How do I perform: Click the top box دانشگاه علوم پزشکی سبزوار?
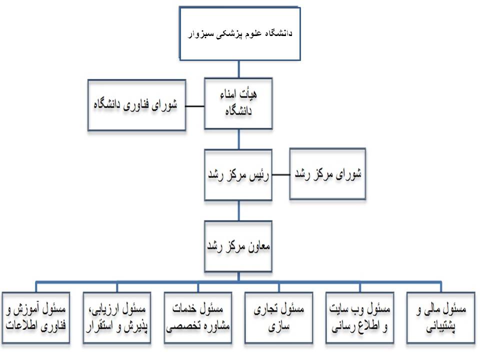[x=239, y=33]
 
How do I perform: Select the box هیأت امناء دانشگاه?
[x=238, y=103]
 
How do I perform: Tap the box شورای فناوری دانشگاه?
[x=137, y=105]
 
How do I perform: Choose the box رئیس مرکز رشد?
[x=238, y=175]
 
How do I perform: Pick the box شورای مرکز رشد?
[x=327, y=174]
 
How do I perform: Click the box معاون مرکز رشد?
[x=238, y=246]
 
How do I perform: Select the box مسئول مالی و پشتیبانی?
[x=441, y=318]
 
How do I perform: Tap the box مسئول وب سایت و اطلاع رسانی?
[x=359, y=318]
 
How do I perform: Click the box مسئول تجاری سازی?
[x=279, y=318]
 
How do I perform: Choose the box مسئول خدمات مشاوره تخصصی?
[x=198, y=318]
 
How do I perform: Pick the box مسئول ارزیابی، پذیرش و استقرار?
[x=117, y=318]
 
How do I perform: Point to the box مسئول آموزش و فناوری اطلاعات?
[x=36, y=318]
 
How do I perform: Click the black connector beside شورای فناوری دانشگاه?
[x=195, y=106]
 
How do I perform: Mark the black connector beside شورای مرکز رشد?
[x=280, y=175]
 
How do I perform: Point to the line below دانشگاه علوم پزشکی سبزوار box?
[x=239, y=69]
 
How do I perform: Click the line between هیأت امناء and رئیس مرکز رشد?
[x=239, y=139]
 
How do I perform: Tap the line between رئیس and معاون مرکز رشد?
[x=239, y=210]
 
